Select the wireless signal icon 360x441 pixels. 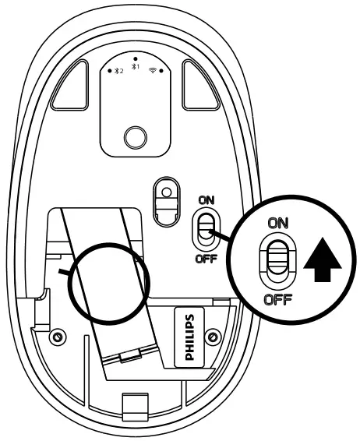(153, 70)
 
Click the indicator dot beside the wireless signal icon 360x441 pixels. (161, 71)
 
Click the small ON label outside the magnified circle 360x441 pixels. (206, 200)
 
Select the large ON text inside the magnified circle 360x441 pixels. (277, 223)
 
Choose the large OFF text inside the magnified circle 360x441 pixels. (277, 300)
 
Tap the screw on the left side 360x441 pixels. (55, 338)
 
